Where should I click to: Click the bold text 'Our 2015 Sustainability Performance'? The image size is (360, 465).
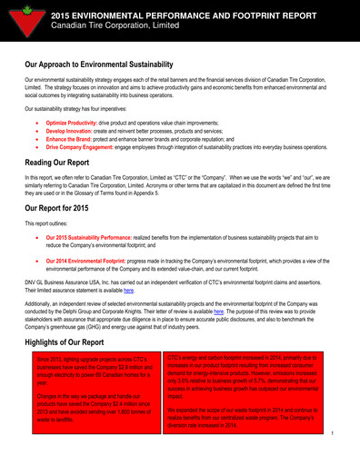coord(101,236)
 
